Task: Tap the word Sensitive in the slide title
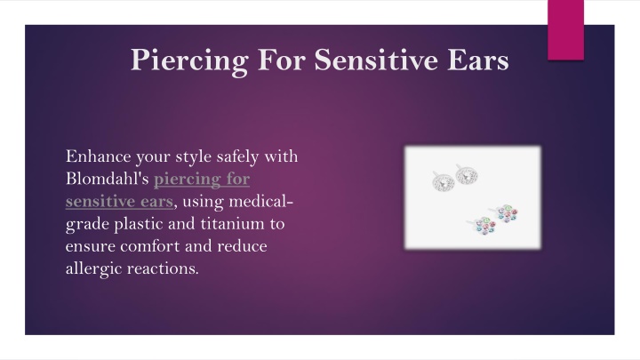(x=376, y=60)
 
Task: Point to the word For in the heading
(x=281, y=60)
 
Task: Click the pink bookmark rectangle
(x=565, y=30)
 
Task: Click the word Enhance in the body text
(x=99, y=156)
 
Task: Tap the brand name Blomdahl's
(x=107, y=179)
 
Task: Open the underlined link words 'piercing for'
(x=202, y=180)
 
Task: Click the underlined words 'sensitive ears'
(x=119, y=202)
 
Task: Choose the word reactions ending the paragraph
(x=163, y=268)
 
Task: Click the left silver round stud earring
(x=443, y=181)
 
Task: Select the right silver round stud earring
(x=466, y=175)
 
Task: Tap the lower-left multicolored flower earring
(x=484, y=226)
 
